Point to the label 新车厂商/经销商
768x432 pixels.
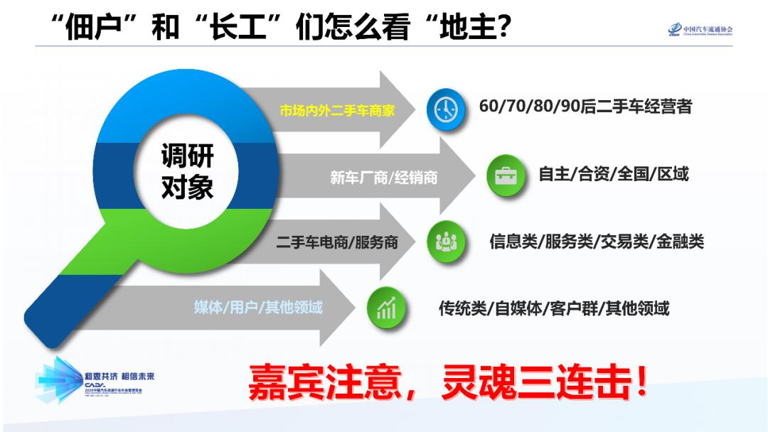tap(383, 178)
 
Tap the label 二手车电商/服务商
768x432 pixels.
tap(337, 243)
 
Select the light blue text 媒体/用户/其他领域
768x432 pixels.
tap(258, 308)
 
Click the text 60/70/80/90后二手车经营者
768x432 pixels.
tap(585, 107)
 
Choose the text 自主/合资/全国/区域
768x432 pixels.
tap(613, 174)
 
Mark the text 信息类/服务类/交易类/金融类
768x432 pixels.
tap(596, 242)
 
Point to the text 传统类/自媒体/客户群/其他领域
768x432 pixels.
tap(553, 308)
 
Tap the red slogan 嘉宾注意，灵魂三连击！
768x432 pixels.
tap(448, 383)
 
